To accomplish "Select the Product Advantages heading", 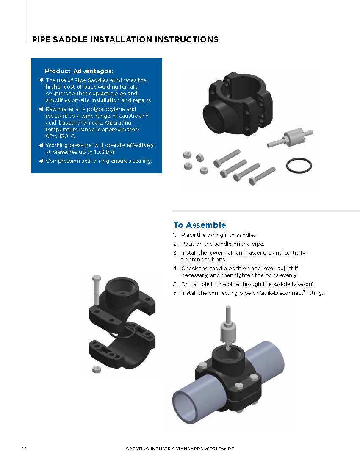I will tap(79, 71).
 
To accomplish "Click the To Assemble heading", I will tap(199, 225).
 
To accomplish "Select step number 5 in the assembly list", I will tap(175, 284).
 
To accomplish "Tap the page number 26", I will tap(24, 449).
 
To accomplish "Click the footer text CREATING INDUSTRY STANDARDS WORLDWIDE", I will tap(180, 449).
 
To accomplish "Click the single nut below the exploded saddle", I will tap(97, 369).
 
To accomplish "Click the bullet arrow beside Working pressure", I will tap(41, 145).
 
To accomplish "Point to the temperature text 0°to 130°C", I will tap(61, 136).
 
